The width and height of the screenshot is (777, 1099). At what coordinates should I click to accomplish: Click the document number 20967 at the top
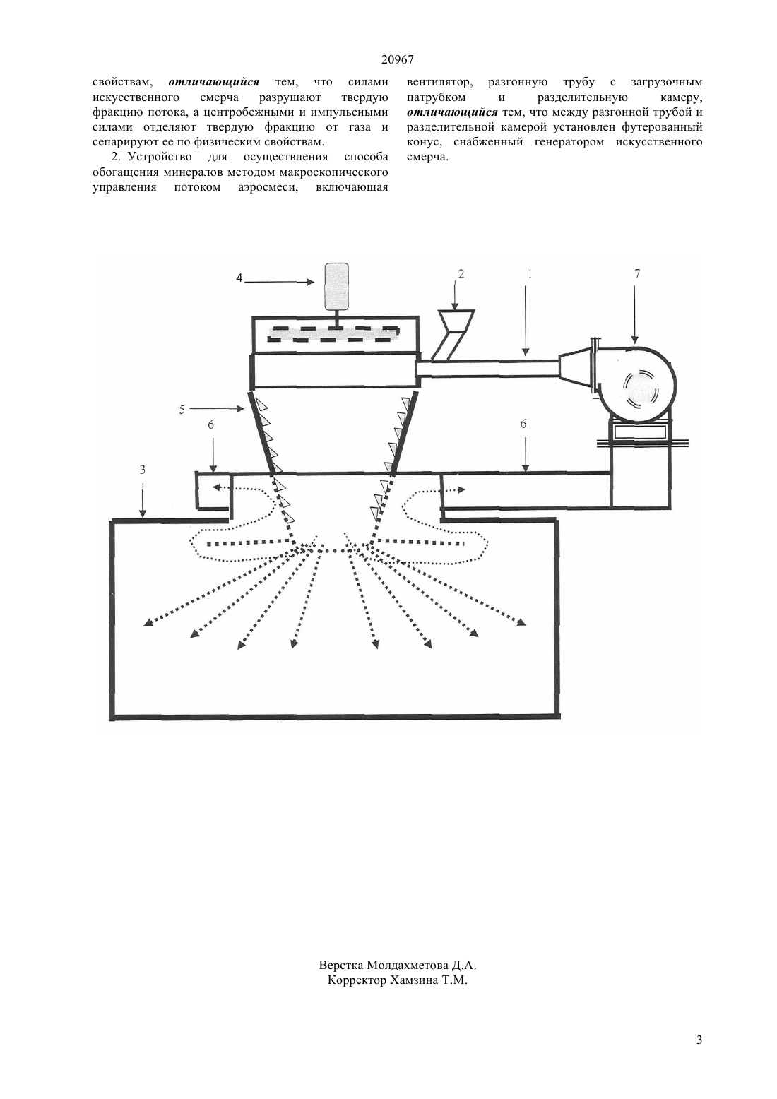coord(397,60)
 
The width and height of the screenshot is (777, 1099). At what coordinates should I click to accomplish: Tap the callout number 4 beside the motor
coord(239,278)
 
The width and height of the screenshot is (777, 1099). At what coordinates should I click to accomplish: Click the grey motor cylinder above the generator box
coord(336,287)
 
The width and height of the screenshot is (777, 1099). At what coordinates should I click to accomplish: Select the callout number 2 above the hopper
coord(461,274)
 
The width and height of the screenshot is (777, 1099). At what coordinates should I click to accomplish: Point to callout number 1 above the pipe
coord(530,274)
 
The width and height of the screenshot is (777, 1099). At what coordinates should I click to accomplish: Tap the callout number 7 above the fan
coord(637,274)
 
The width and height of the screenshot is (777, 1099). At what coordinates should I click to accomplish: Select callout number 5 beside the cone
coord(182,410)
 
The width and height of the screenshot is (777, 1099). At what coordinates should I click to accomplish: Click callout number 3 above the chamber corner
coord(142,470)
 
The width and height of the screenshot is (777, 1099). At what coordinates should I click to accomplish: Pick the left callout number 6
coord(211,425)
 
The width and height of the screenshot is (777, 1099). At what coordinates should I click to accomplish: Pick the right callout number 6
coord(523,424)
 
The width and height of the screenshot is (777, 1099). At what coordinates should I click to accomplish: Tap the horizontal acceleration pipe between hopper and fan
coord(487,369)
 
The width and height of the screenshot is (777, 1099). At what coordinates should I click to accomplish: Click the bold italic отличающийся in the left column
coord(214,83)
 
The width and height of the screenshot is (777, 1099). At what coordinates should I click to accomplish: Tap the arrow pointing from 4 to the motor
coord(278,282)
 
